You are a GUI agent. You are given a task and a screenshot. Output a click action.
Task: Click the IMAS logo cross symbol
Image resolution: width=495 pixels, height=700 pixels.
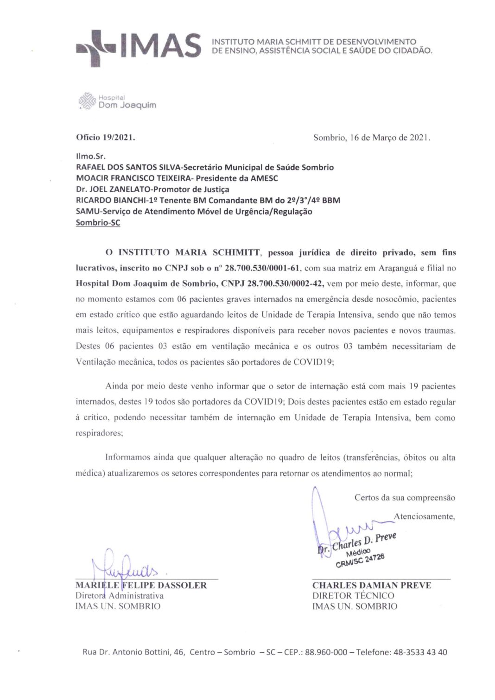coord(96,48)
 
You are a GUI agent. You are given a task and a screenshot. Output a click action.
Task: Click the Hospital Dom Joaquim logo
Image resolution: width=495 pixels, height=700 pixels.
coord(118,101)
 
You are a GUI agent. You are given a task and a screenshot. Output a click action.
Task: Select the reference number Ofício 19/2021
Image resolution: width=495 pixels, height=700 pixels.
coord(105,138)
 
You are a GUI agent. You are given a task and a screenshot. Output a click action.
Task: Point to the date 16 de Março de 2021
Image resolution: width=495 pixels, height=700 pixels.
coord(390,138)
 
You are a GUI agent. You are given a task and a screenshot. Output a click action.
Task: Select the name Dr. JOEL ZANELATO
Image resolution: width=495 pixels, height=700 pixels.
coord(113,189)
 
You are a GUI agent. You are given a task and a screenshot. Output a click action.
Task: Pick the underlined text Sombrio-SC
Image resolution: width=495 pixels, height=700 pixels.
coord(98,222)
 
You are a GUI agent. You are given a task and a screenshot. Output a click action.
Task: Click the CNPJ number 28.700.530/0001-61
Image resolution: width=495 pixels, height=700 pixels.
coord(263,268)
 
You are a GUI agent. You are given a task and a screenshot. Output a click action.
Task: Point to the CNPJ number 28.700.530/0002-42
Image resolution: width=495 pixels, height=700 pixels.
coord(285,284)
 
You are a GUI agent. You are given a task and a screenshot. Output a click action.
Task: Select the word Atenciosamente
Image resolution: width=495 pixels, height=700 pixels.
coord(424,517)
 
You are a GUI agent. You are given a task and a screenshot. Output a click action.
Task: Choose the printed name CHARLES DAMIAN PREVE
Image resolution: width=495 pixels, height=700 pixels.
coord(372,586)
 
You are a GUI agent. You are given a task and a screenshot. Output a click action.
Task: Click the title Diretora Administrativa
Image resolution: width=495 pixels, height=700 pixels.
coord(120,596)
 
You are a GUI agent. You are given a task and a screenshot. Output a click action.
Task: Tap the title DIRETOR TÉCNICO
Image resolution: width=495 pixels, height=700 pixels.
coord(353,596)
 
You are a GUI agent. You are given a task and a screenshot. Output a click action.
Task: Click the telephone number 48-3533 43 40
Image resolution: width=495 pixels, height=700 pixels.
coord(420,652)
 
